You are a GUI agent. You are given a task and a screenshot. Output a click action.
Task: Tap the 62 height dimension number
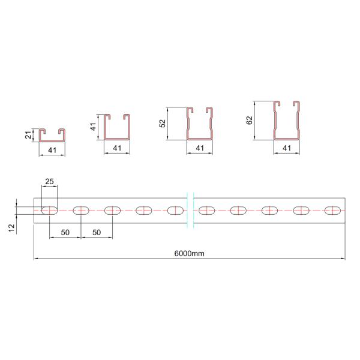(250, 120)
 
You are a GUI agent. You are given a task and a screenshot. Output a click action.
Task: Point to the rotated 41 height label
(92, 127)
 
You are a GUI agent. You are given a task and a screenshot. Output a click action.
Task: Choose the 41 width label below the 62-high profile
(286, 148)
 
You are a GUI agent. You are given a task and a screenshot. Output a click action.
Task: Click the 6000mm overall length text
(190, 253)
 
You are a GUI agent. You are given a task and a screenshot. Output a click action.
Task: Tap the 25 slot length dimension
(50, 182)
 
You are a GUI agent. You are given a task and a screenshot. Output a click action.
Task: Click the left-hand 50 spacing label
(65, 232)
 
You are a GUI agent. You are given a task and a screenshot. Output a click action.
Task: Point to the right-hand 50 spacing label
(97, 232)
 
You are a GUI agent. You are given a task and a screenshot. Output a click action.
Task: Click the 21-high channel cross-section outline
(52, 135)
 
